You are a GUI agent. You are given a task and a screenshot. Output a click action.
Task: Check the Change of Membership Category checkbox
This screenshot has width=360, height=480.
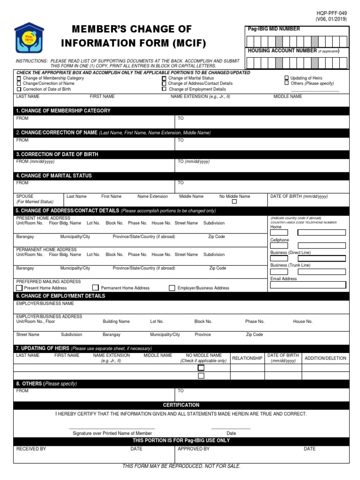click(19, 78)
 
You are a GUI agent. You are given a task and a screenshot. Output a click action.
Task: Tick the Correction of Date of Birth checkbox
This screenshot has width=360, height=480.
click(19, 89)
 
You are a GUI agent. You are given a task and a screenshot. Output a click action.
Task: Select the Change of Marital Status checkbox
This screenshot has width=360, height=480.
click(164, 78)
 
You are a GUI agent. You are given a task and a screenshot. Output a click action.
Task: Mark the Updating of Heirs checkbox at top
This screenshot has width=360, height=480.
click(286, 78)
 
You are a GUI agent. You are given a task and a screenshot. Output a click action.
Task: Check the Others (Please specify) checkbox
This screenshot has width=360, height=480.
click(286, 83)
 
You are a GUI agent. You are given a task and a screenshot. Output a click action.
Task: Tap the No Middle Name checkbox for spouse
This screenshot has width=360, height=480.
click(234, 202)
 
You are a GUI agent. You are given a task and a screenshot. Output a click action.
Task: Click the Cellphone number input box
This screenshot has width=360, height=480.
click(308, 245)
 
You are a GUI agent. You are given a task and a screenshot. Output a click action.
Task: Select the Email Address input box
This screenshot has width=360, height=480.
click(308, 285)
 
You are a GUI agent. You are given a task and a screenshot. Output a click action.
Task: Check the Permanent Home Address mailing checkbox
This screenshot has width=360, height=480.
click(96, 288)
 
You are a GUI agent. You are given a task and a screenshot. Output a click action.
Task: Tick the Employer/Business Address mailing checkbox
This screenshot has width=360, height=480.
click(172, 288)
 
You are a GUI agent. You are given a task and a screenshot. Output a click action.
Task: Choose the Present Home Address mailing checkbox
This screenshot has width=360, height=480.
click(19, 288)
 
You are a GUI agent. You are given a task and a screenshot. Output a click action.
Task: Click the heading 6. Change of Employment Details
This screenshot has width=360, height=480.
click(61, 296)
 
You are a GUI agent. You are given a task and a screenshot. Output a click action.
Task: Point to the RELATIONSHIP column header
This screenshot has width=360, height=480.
click(247, 358)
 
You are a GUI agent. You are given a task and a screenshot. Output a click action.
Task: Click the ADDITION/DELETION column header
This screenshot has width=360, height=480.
click(325, 358)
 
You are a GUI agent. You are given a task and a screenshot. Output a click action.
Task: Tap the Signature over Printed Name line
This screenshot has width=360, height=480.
click(112, 428)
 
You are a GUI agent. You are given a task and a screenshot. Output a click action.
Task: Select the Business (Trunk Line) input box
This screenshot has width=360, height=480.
click(308, 271)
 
